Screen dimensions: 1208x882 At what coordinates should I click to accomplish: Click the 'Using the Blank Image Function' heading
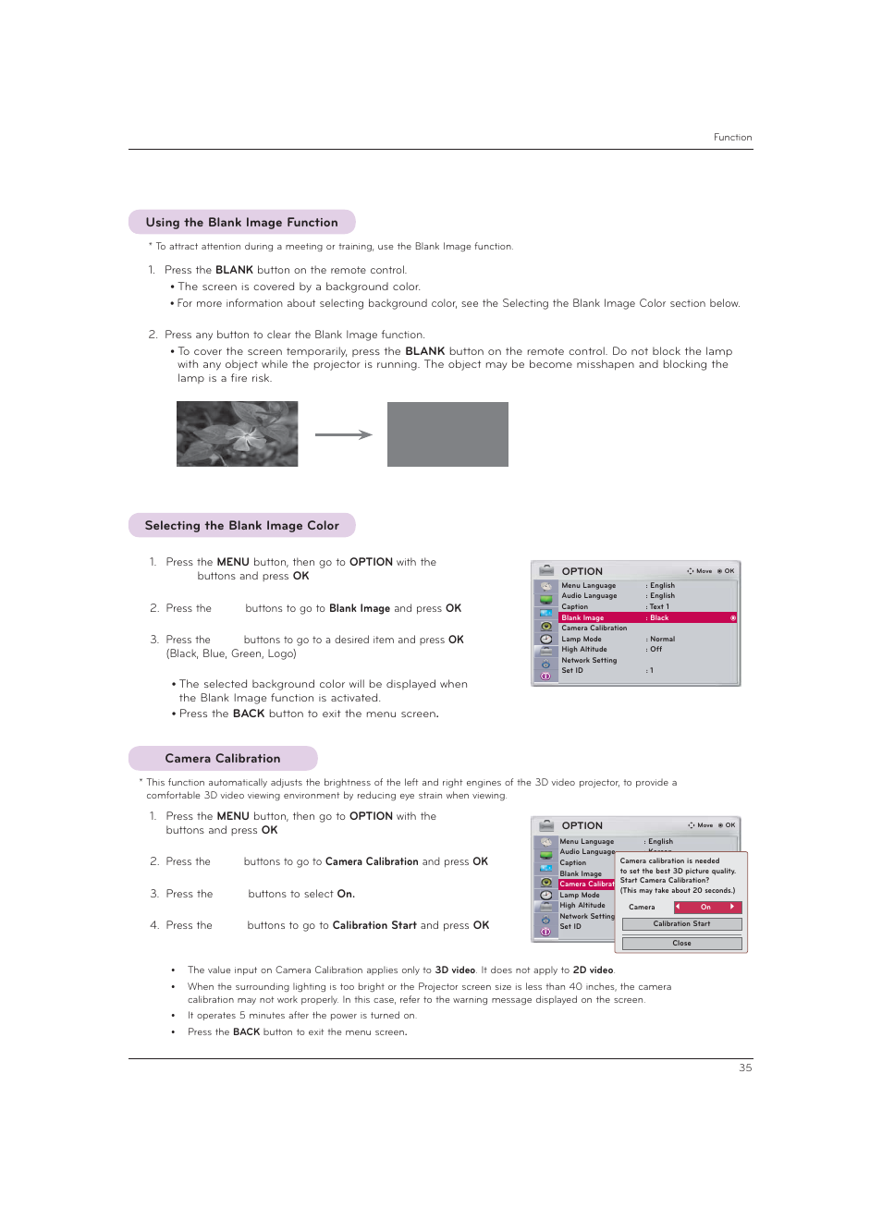click(x=241, y=223)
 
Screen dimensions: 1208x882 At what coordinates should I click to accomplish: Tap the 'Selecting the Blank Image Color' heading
click(x=241, y=526)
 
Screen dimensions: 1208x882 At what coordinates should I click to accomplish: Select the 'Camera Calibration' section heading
click(x=222, y=759)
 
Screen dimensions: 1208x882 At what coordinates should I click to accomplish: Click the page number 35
click(x=745, y=1068)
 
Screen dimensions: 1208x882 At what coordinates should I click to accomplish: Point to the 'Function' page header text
click(x=732, y=138)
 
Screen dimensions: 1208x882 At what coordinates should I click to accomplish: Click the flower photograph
click(x=238, y=434)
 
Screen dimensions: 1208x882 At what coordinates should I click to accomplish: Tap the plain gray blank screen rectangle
click(x=447, y=434)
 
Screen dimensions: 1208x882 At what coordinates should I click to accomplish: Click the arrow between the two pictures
click(x=343, y=434)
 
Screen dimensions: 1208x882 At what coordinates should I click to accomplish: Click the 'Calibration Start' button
click(x=681, y=924)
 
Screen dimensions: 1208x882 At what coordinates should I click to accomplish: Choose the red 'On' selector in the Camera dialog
click(x=706, y=908)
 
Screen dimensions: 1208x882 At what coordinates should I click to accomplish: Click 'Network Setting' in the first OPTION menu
click(x=589, y=660)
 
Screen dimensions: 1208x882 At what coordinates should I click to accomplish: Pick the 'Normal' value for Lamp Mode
click(x=662, y=639)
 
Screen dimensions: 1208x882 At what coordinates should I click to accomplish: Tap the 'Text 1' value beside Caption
click(x=659, y=606)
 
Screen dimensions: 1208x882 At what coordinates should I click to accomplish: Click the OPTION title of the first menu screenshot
click(x=582, y=571)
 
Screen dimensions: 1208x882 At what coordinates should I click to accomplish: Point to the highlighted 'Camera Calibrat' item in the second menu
click(x=586, y=885)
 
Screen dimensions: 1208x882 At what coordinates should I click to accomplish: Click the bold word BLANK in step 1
click(x=234, y=271)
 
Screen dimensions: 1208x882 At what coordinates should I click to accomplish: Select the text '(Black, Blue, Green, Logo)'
click(x=231, y=653)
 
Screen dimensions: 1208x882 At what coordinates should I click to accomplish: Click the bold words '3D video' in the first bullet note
click(x=455, y=970)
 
